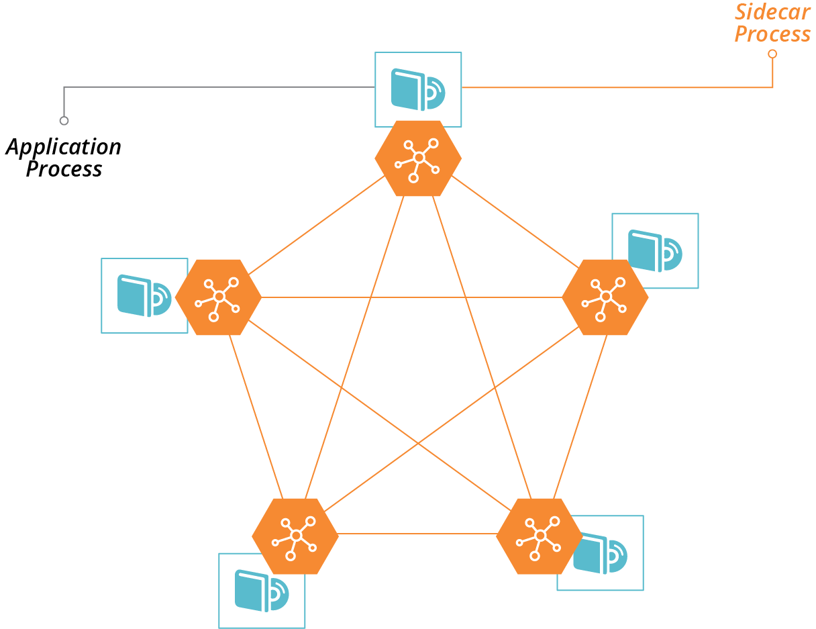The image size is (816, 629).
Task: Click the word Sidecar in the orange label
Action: [x=772, y=12]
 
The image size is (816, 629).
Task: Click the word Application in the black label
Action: [x=64, y=147]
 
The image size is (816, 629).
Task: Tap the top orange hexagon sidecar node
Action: [x=418, y=158]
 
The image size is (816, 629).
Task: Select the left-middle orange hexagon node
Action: [x=218, y=297]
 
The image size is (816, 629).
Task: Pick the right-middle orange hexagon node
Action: [x=605, y=297]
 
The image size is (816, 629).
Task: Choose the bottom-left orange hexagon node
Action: [x=295, y=536]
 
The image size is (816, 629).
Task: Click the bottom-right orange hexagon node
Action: [x=540, y=536]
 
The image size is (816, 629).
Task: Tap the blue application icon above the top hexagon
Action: [x=417, y=89]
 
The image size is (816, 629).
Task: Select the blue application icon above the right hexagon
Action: [x=654, y=250]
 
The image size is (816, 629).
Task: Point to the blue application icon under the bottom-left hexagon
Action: [x=261, y=591]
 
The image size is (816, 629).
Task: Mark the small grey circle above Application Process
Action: [x=64, y=121]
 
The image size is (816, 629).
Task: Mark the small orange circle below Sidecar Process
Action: [x=772, y=54]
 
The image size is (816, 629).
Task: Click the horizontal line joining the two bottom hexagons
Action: [x=416, y=534]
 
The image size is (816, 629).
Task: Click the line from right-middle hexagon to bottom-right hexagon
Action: [x=580, y=416]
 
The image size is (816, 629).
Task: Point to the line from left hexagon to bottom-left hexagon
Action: [x=256, y=416]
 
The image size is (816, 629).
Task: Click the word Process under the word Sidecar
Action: [x=772, y=34]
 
